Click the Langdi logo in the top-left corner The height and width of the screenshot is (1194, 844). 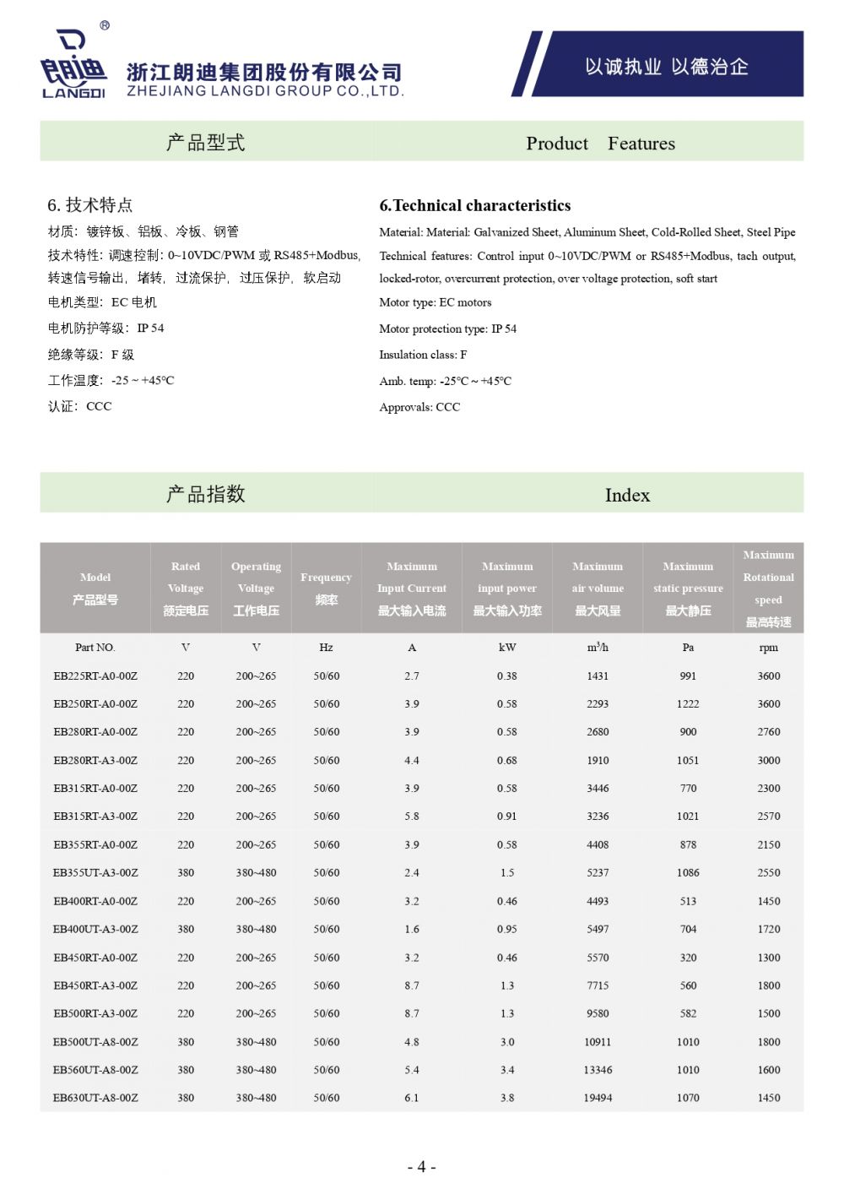tap(73, 62)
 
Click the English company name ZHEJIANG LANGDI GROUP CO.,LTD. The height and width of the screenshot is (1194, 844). tap(265, 91)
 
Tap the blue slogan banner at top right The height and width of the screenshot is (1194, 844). tap(666, 66)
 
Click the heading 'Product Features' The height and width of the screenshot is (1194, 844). tap(600, 144)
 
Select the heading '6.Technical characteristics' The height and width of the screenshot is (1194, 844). tap(474, 205)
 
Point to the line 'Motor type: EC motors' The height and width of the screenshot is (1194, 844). tap(435, 302)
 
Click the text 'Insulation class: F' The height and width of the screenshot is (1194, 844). tap(423, 355)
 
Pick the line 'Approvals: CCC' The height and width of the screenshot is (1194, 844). tap(419, 407)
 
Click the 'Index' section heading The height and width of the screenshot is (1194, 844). tap(627, 495)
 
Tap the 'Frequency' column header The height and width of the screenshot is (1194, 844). tap(326, 588)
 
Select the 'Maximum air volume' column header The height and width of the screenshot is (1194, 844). tap(598, 588)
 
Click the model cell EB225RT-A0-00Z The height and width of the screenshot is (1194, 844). tap(95, 676)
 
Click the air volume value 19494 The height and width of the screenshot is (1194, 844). tap(598, 1098)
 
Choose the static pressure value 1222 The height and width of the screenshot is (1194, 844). tap(688, 703)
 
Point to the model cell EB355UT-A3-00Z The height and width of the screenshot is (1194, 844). tap(95, 872)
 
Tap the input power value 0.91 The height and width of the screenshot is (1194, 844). tap(507, 817)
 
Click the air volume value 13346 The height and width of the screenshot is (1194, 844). tap(598, 1070)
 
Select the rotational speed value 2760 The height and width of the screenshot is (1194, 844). tap(768, 732)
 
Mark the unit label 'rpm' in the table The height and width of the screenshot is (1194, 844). tap(768, 648)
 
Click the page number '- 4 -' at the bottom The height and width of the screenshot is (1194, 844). tap(422, 1167)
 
